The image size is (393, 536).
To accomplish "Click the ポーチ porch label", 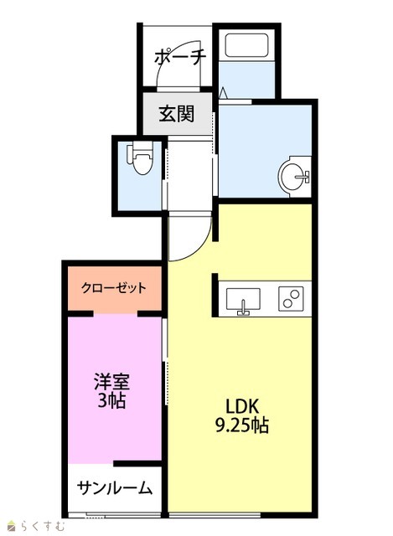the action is [x=180, y=57].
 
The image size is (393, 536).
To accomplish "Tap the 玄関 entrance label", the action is [x=177, y=114].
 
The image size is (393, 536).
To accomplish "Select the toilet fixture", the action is [x=140, y=158].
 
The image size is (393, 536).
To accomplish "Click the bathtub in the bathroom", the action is [x=246, y=46].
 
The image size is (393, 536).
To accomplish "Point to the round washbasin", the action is [x=293, y=177].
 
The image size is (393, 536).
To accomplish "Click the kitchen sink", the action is [x=243, y=300].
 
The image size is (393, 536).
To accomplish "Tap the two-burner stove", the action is [x=291, y=298].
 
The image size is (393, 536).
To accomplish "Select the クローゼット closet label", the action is [x=114, y=288].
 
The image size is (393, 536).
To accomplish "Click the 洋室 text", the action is [x=111, y=382].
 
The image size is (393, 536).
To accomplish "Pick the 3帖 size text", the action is [x=111, y=400].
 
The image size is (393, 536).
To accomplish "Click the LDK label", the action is [x=242, y=406].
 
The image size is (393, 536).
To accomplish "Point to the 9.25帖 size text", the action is [x=242, y=425].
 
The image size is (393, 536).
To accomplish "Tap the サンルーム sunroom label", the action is [x=115, y=487].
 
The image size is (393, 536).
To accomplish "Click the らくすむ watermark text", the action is [x=43, y=526].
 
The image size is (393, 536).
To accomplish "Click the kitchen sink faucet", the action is [x=243, y=308].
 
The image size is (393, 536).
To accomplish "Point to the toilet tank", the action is [x=129, y=153].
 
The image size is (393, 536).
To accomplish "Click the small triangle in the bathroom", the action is [x=223, y=93].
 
